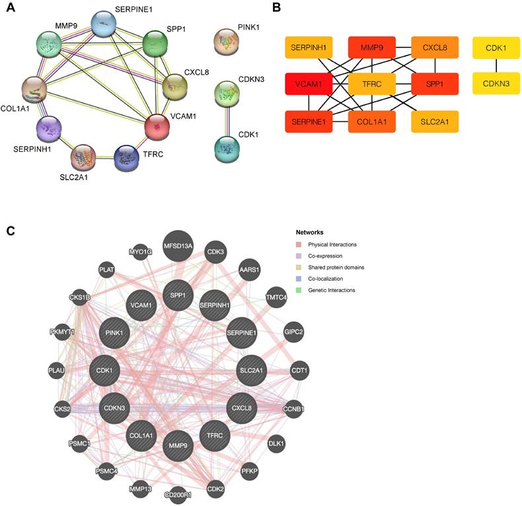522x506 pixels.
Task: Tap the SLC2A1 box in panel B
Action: point(434,122)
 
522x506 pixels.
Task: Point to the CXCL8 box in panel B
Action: point(434,49)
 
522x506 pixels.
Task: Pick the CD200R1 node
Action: point(178,493)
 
